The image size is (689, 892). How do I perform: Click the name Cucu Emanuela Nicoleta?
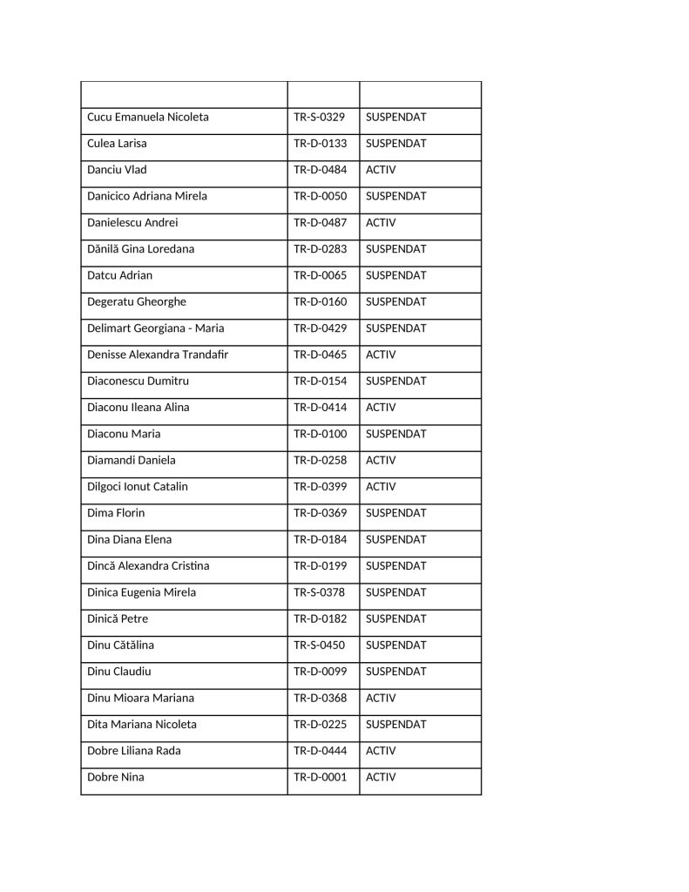(148, 118)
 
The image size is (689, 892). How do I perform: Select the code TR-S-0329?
(320, 118)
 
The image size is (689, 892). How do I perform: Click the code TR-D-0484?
(320, 170)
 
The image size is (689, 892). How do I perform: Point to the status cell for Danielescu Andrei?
(381, 223)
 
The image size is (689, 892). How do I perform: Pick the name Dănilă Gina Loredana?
(140, 249)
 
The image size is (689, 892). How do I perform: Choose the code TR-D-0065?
(320, 275)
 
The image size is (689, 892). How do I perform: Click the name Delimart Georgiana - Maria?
(156, 328)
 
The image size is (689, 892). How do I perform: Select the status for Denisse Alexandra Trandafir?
(381, 355)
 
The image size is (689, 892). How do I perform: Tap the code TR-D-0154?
(320, 382)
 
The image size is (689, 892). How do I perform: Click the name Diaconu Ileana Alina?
(138, 408)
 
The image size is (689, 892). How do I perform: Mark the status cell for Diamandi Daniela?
(381, 460)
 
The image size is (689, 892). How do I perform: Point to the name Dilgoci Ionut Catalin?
(138, 487)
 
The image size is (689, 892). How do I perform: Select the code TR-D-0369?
(320, 513)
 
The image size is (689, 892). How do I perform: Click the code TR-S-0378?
(320, 592)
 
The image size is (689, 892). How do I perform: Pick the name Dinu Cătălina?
(121, 645)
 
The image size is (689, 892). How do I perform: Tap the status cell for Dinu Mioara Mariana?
(381, 698)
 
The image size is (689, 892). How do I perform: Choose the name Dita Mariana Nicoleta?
(142, 725)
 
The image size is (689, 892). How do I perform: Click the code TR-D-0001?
(320, 777)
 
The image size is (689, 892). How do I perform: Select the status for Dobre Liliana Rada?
(381, 751)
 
